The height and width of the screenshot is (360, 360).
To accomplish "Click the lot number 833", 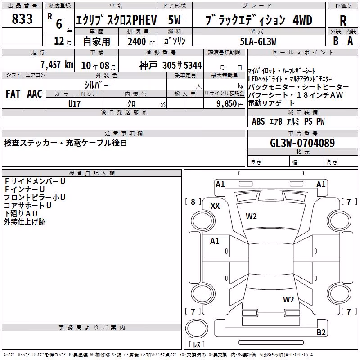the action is pyautogui.click(x=22, y=18).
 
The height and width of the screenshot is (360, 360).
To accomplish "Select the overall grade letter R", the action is pyautogui.click(x=343, y=21).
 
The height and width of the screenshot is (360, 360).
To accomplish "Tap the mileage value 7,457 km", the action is pyautogui.click(x=57, y=64).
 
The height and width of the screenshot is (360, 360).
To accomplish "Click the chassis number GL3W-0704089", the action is pyautogui.click(x=302, y=143).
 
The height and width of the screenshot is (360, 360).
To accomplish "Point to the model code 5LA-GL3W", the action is pyautogui.click(x=258, y=41).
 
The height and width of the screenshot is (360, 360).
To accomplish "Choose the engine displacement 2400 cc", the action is pyautogui.click(x=141, y=41).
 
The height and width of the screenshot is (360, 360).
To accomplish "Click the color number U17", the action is pyautogui.click(x=74, y=104).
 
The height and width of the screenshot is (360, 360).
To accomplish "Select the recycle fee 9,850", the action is pyautogui.click(x=227, y=104).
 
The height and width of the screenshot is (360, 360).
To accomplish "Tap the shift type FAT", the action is pyautogui.click(x=13, y=94).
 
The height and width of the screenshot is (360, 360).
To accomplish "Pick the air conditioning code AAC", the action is pyautogui.click(x=35, y=94).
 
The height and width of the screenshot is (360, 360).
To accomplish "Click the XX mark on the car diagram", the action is pyautogui.click(x=215, y=206).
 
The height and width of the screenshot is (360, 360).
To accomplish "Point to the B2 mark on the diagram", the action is pyautogui.click(x=321, y=332).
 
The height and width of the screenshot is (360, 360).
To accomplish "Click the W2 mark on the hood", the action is pyautogui.click(x=251, y=216).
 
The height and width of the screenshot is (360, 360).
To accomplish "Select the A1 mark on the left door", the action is pyautogui.click(x=215, y=241).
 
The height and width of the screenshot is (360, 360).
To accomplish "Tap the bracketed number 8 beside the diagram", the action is pyautogui.click(x=193, y=202).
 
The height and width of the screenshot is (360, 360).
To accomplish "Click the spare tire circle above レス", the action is pyautogui.click(x=197, y=328).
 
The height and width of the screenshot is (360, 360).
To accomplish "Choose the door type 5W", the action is pyautogui.click(x=174, y=20).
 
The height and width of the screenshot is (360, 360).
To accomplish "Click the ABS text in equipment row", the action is pyautogui.click(x=258, y=121).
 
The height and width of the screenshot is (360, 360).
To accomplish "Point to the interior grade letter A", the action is pyautogui.click(x=350, y=41).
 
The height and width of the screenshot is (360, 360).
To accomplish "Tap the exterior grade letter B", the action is pyautogui.click(x=336, y=41).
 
